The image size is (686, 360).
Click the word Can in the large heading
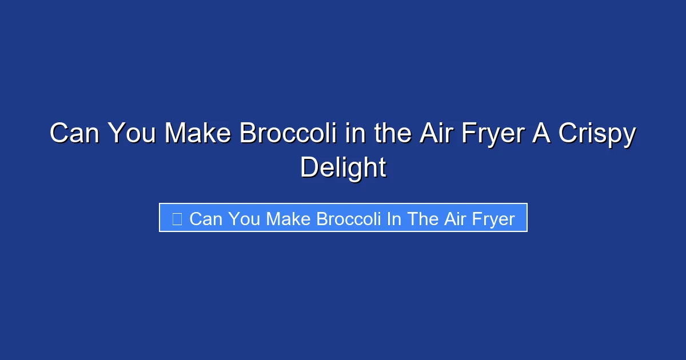coord(74,134)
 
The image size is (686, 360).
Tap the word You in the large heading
coord(133,134)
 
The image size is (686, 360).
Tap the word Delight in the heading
coord(343,168)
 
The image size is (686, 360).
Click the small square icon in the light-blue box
coord(177,218)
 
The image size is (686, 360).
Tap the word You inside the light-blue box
coord(245,219)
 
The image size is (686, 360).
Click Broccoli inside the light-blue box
coord(349,219)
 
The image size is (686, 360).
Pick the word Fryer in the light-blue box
coord(493,219)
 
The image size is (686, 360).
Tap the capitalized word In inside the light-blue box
coord(393,219)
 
